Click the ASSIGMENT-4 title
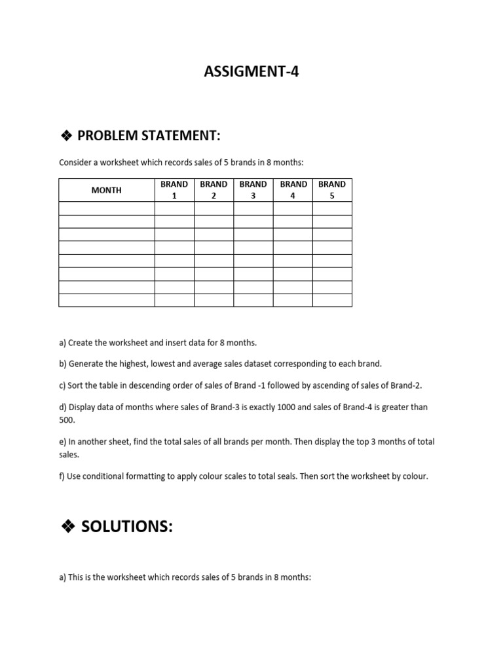251,72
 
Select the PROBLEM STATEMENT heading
149,136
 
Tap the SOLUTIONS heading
126,526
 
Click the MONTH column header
106,190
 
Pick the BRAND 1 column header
174,190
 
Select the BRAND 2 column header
214,190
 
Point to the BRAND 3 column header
253,190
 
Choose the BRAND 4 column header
293,190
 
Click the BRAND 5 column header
332,190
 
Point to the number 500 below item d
67,420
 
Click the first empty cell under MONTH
106,208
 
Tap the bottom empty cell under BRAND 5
332,300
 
